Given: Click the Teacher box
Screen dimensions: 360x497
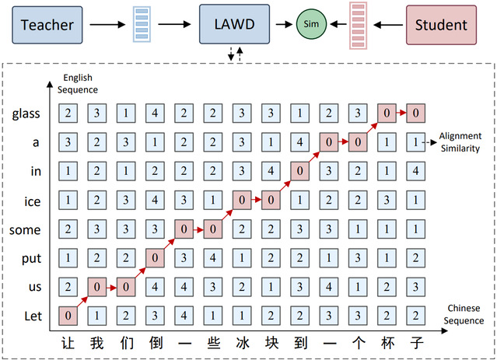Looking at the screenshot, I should pyautogui.click(x=47, y=24).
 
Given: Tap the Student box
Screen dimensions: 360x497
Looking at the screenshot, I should pyautogui.click(x=441, y=24).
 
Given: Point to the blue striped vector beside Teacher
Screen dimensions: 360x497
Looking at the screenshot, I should pyautogui.click(x=141, y=24).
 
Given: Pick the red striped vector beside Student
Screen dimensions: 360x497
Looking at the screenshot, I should pyautogui.click(x=358, y=24).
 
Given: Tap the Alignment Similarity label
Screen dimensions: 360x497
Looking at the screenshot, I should pyautogui.click(x=460, y=142).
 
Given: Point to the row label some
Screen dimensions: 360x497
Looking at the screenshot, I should pyautogui.click(x=25, y=230).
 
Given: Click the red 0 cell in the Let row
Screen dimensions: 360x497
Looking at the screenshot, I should pyautogui.click(x=68, y=316).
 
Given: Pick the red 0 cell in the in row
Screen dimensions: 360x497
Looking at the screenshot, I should pyautogui.click(x=299, y=172).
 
